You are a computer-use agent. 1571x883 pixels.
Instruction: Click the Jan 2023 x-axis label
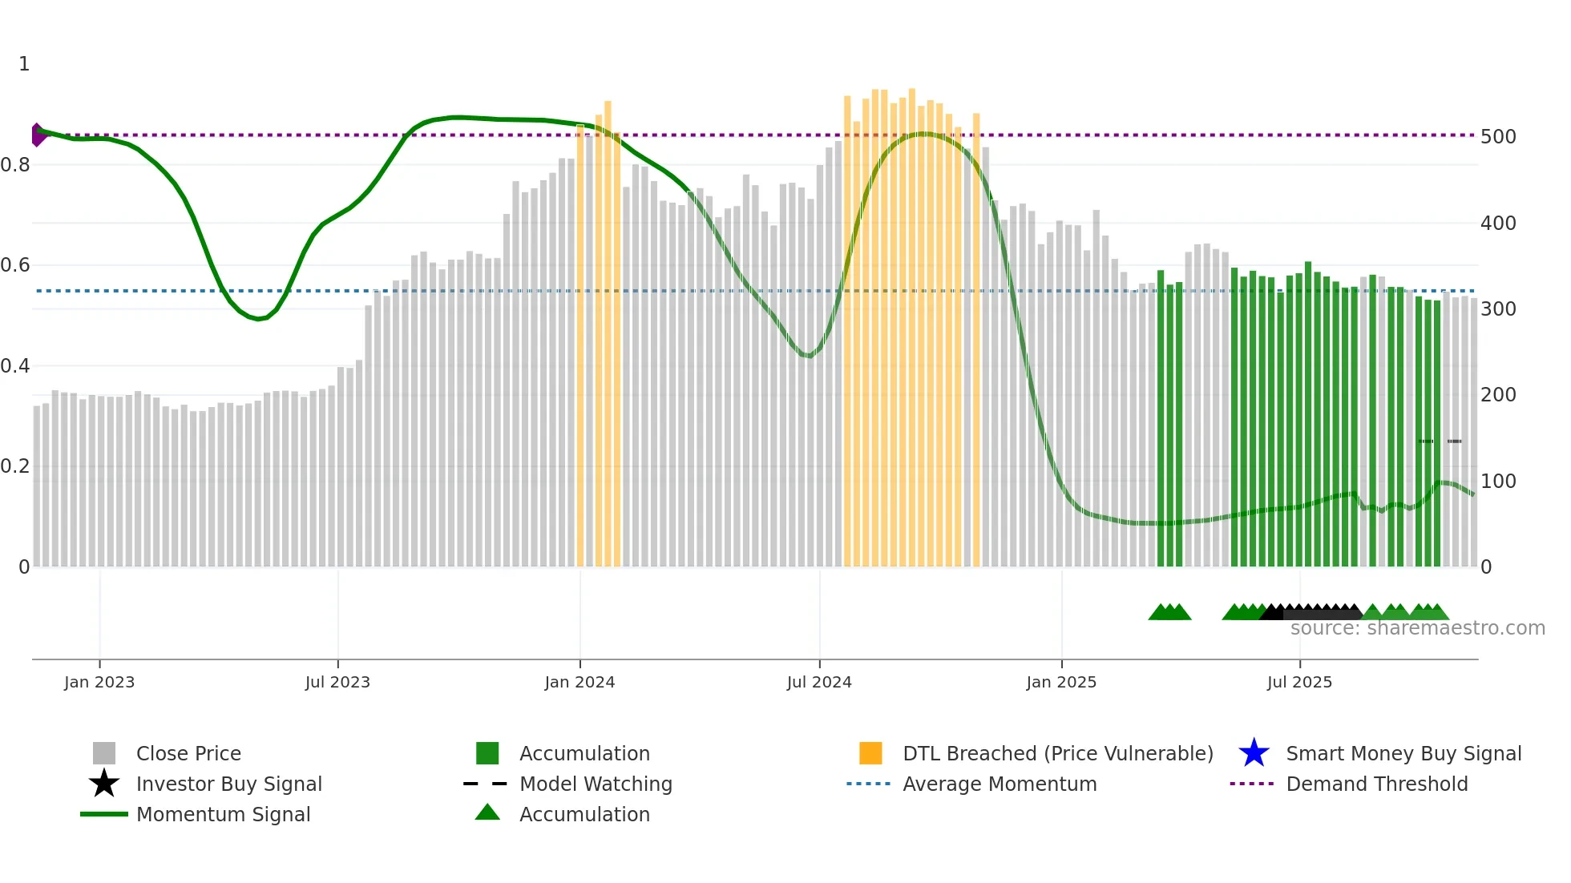point(99,683)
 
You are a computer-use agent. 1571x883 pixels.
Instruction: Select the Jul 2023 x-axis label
point(337,683)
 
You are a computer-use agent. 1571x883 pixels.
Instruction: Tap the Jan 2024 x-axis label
point(580,683)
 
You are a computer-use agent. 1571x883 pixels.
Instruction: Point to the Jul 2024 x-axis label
point(819,683)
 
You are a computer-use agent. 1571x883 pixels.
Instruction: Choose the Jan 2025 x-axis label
point(1061,683)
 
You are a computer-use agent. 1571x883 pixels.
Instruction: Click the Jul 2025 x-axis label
point(1299,683)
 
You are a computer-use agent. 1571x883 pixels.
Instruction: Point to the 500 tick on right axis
point(1498,137)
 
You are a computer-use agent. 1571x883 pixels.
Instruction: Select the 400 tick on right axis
point(1498,224)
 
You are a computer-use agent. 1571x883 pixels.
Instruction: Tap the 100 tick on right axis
point(1498,482)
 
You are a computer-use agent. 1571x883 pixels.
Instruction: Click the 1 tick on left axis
point(24,64)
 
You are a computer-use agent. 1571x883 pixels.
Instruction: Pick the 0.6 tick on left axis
point(15,265)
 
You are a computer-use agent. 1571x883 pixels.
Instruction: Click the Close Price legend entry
point(188,754)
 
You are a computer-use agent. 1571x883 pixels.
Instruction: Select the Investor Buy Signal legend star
point(104,784)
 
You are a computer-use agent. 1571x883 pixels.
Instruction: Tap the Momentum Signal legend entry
point(223,815)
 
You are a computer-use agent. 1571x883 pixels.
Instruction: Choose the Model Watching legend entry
point(596,784)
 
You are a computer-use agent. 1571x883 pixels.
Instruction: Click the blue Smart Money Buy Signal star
point(1254,753)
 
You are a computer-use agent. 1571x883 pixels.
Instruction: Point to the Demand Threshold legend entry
point(1376,784)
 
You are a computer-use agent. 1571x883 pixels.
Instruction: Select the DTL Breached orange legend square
point(870,753)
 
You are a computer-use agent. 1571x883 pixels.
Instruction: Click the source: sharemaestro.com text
point(1417,628)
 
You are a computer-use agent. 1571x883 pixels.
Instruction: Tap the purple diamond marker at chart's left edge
point(38,135)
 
